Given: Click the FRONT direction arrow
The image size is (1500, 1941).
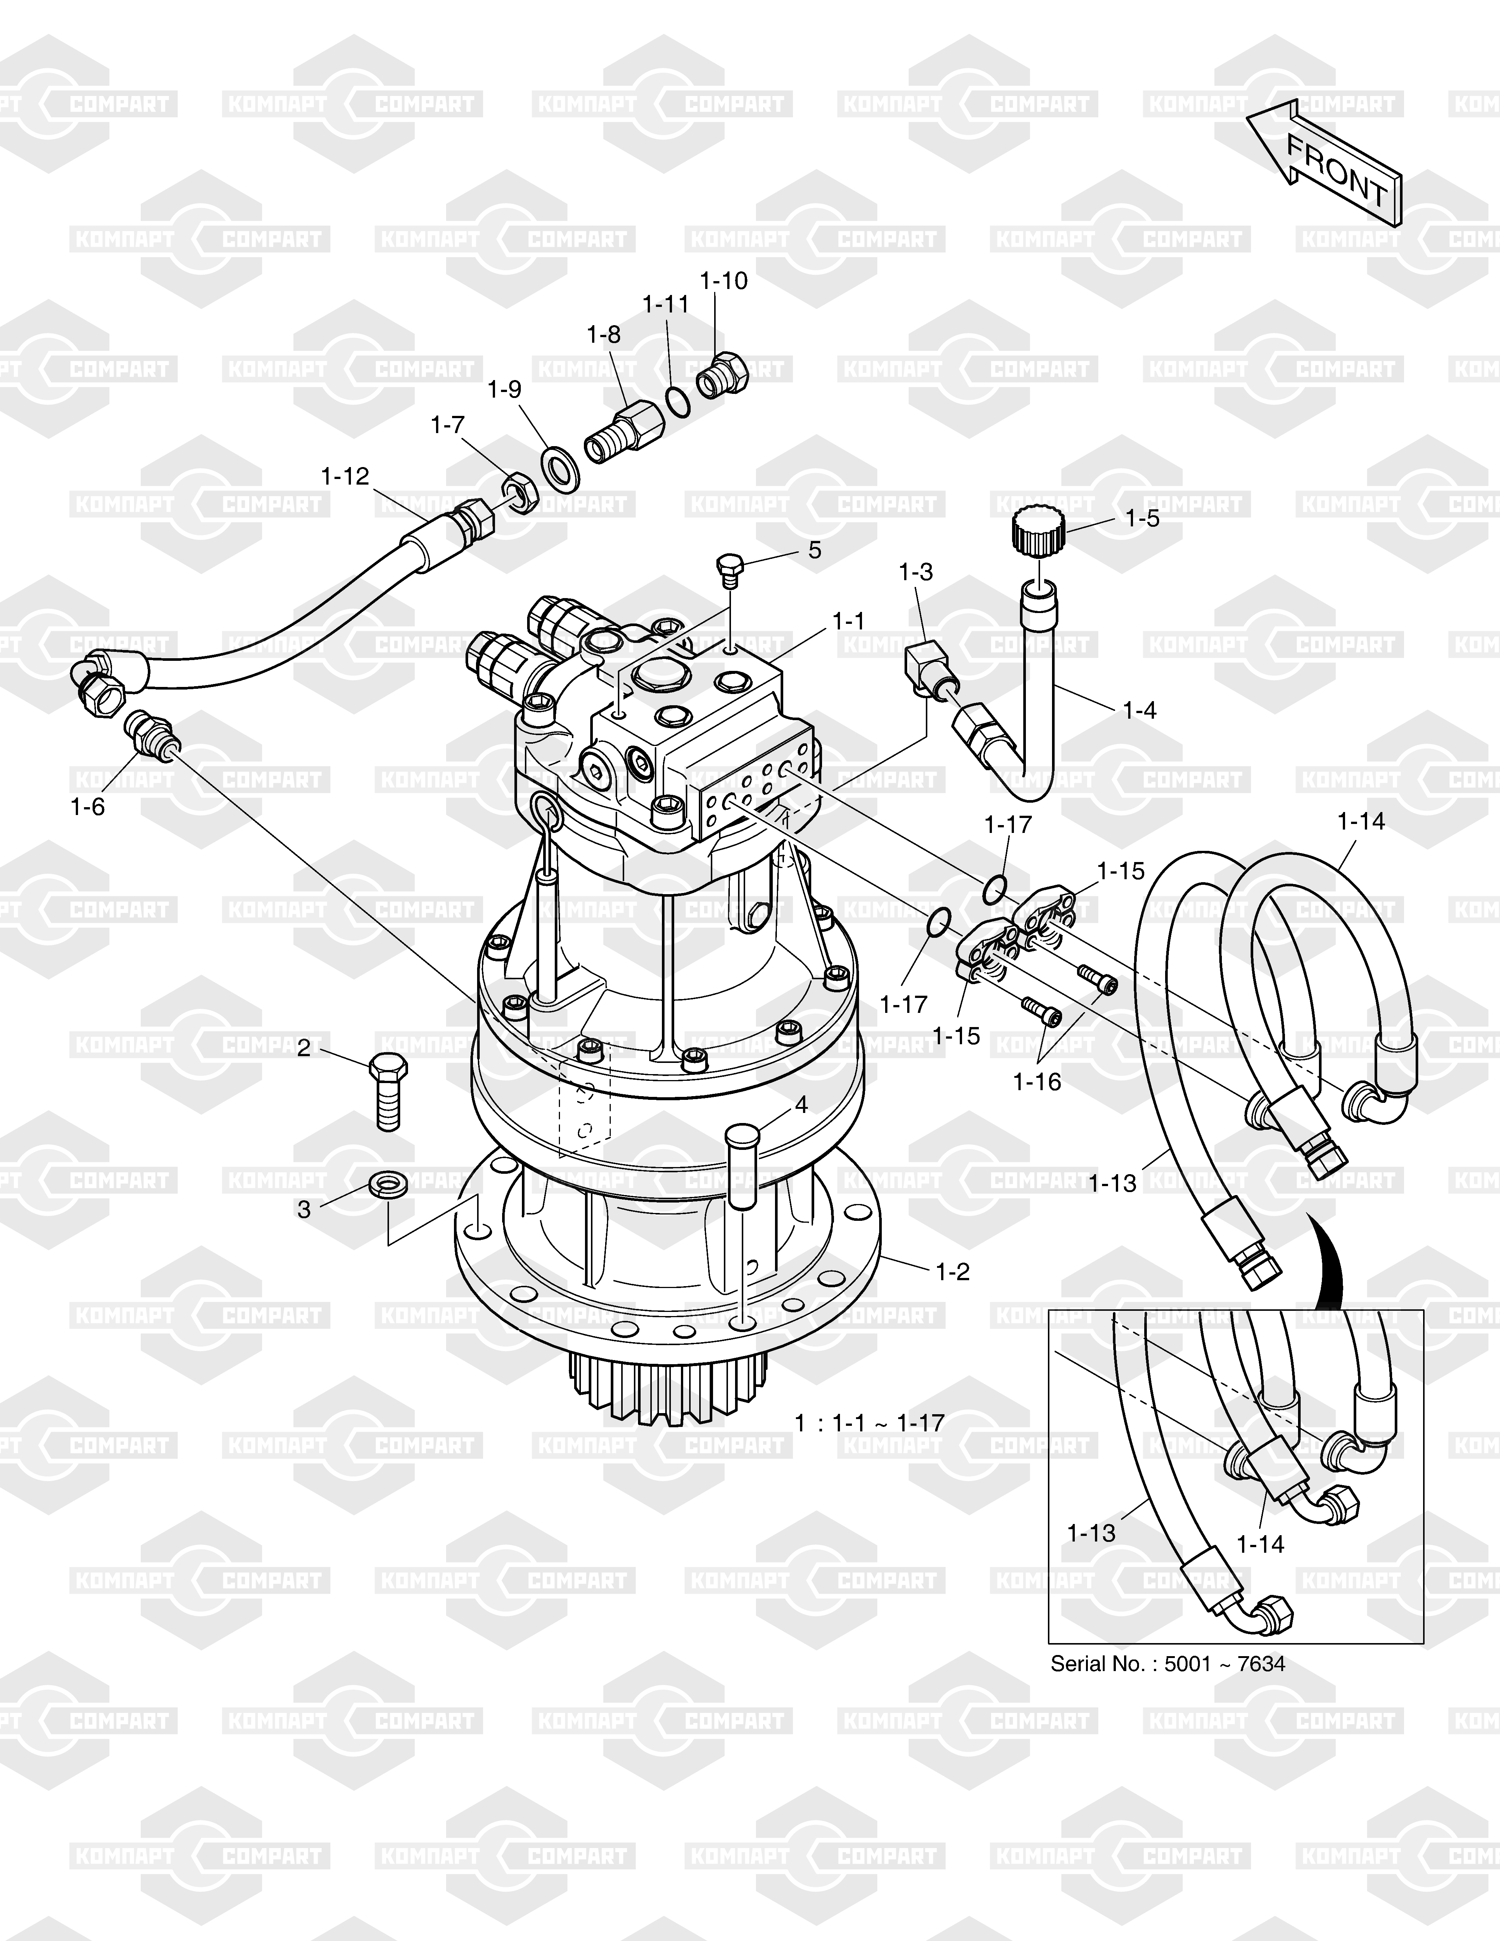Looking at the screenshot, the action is click(x=1324, y=164).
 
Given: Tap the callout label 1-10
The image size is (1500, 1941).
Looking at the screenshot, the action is click(x=724, y=281).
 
